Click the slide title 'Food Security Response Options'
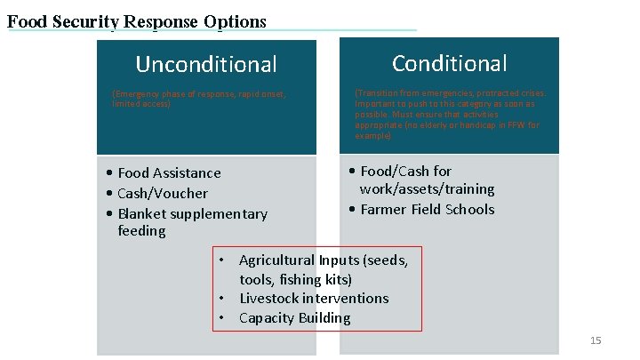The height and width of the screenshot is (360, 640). click(x=137, y=20)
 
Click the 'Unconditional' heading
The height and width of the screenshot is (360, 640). click(x=205, y=64)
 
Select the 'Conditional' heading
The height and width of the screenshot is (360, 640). click(x=449, y=63)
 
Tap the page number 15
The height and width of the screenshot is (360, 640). click(x=596, y=341)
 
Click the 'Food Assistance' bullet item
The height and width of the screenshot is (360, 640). click(x=169, y=172)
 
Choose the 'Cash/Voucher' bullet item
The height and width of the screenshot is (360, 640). click(x=163, y=193)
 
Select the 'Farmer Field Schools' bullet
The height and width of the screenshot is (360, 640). click(x=428, y=210)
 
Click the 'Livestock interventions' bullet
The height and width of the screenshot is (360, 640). click(x=314, y=299)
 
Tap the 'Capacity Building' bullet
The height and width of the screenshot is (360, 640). click(x=295, y=318)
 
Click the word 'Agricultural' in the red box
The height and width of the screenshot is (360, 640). click(x=277, y=260)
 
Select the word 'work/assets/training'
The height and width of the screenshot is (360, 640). click(x=427, y=189)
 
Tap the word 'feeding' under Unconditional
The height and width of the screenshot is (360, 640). click(x=141, y=231)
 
